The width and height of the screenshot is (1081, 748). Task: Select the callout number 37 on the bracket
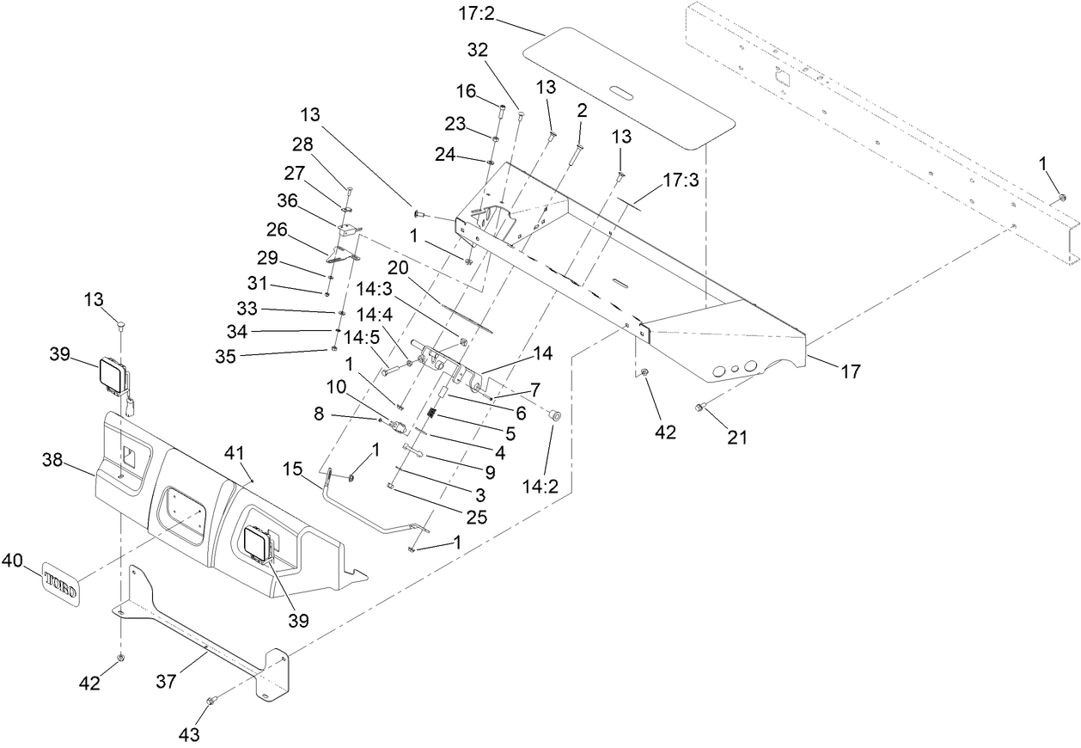coord(166,682)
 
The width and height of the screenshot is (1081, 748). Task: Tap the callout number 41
coord(234,451)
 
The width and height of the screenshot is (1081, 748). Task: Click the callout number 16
coord(466,91)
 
